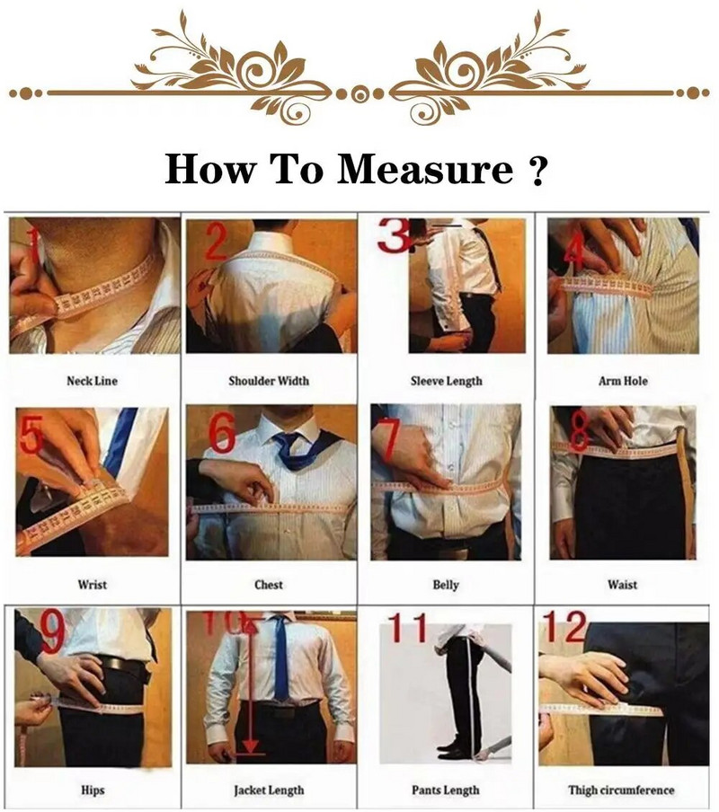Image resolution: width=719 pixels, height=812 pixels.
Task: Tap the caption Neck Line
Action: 92,381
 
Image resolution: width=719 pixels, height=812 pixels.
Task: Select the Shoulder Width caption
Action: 269,381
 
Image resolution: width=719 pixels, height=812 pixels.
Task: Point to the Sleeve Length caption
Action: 446,381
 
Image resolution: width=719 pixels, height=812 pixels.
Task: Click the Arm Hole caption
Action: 623,381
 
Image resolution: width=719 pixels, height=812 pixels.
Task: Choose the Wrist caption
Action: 92,585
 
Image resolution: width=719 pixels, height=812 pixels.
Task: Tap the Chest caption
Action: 269,585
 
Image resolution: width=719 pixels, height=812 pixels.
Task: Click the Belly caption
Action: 446,585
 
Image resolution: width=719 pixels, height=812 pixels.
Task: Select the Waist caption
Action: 623,585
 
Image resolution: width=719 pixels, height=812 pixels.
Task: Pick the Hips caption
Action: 92,790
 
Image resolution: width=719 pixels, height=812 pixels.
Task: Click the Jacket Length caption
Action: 269,790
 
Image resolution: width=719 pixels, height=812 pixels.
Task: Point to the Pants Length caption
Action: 446,790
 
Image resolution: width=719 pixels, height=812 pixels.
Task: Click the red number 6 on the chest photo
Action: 221,434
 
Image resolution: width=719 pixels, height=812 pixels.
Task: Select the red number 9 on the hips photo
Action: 51,632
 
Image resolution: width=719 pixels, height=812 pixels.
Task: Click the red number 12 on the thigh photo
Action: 564,625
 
